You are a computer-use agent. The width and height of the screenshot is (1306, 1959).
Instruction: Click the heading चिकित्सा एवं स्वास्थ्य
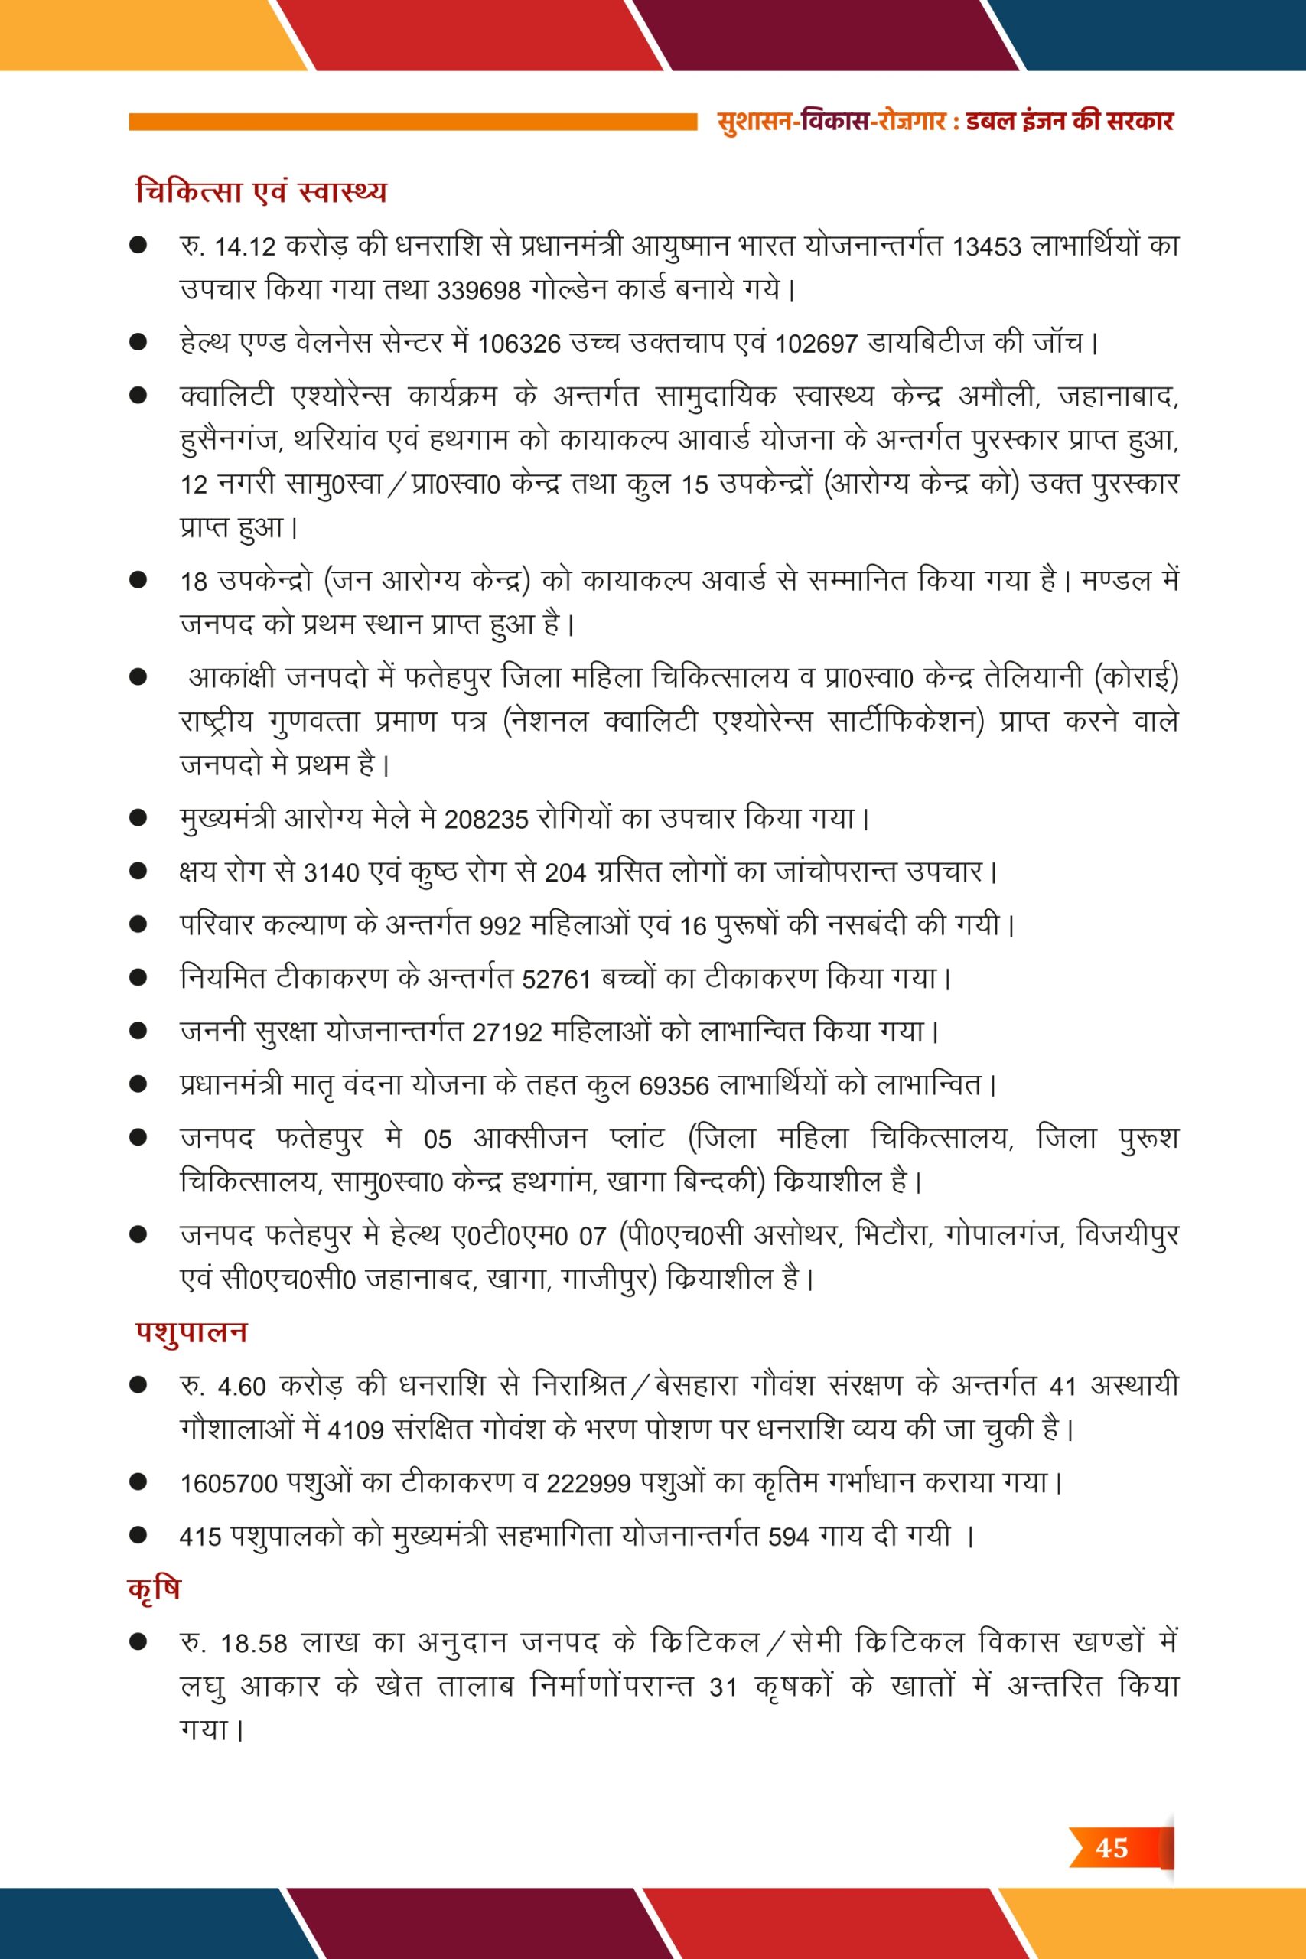(261, 191)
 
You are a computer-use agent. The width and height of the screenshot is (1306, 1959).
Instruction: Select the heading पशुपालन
(191, 1331)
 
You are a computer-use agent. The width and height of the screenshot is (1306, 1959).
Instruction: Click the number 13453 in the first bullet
(986, 247)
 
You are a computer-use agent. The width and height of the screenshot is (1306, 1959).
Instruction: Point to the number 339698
(479, 291)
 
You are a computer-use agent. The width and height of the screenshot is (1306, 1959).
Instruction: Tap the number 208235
(487, 820)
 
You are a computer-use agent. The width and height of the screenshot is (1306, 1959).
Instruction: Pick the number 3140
(331, 874)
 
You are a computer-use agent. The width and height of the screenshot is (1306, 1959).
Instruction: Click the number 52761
(556, 979)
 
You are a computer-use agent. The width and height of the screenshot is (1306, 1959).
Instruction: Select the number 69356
(674, 1087)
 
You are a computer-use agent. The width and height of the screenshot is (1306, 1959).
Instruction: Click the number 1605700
(229, 1485)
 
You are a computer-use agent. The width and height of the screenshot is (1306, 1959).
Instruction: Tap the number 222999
(588, 1485)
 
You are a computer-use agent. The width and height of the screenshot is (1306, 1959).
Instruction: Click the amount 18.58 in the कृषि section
(254, 1644)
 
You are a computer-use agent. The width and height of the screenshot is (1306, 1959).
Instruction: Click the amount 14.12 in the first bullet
(245, 247)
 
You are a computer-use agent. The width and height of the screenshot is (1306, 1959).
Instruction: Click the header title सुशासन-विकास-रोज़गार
(831, 122)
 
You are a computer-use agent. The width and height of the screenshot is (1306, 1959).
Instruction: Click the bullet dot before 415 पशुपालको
(138, 1535)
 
